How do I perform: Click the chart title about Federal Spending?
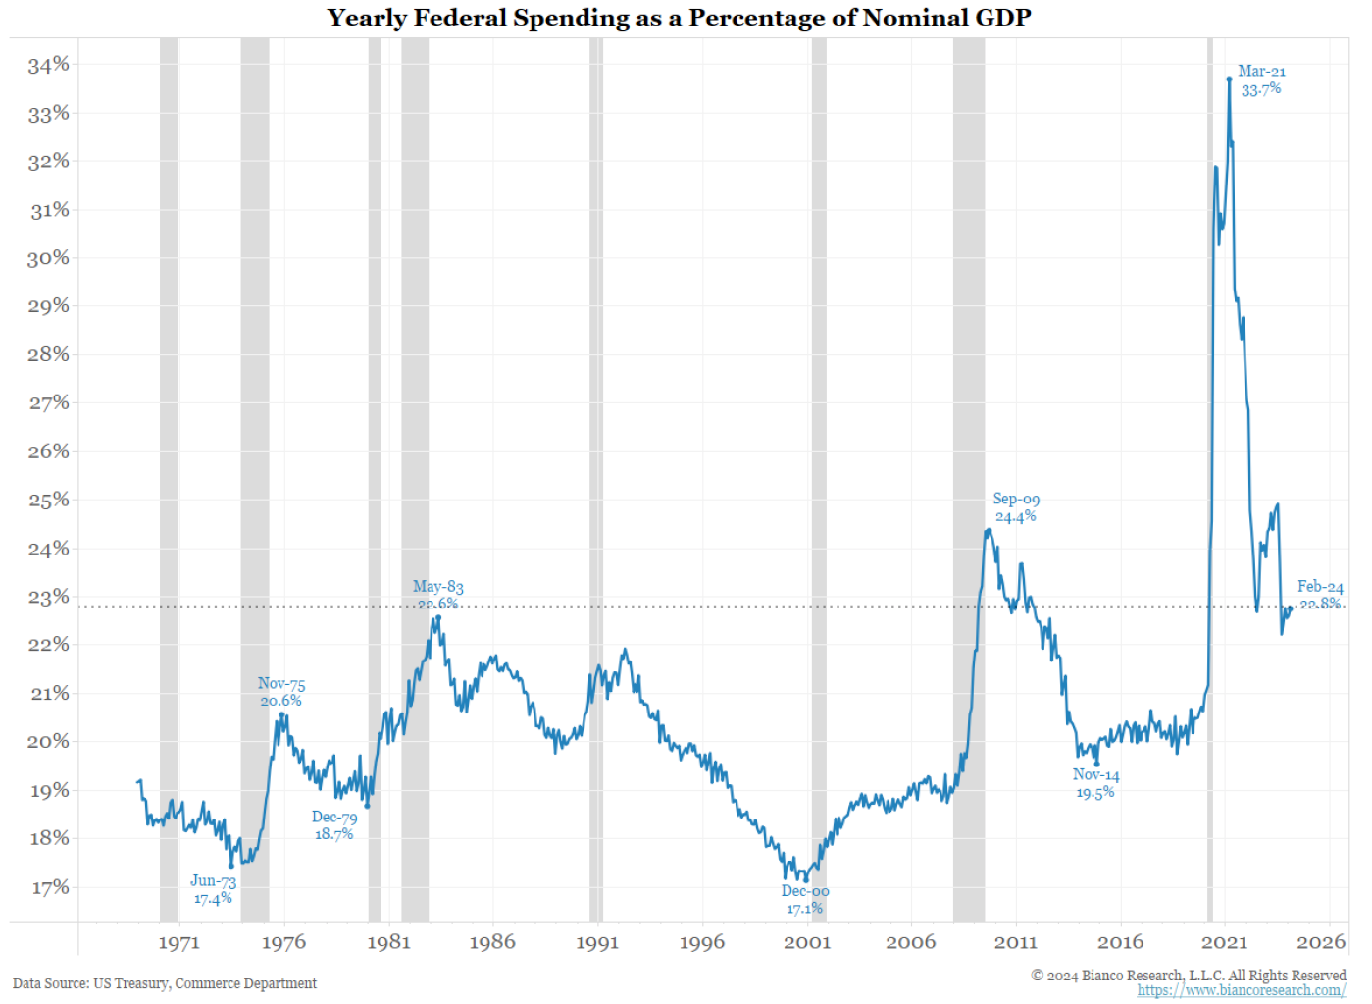point(679,18)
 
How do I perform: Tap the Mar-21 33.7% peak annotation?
point(1261,80)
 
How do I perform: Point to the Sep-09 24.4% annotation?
point(1016,507)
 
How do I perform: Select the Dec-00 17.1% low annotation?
point(805,899)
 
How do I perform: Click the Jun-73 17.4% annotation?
point(213,889)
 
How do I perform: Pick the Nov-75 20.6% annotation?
point(281,692)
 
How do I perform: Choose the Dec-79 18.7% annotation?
point(334,825)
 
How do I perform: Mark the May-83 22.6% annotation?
point(437,595)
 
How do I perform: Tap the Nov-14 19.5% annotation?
point(1095,783)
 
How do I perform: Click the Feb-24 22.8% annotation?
point(1320,595)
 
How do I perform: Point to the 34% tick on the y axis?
point(49,65)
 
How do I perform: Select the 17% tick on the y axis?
point(50,887)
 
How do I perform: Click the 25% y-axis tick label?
point(49,500)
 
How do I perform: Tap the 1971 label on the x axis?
point(178,942)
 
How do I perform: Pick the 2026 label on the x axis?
point(1321,942)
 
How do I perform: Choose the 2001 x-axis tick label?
point(806,942)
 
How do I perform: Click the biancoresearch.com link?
point(1241,990)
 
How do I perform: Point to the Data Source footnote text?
point(165,983)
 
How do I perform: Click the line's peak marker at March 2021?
point(1229,79)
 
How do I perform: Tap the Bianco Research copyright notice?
point(1188,975)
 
